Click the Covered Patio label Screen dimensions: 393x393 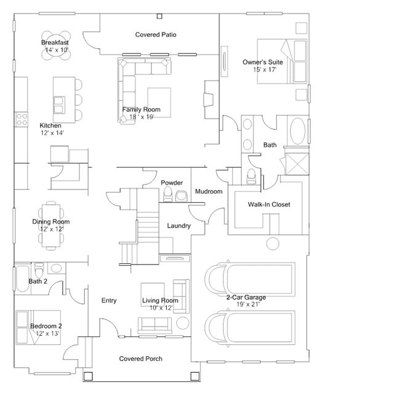pyautogui.click(x=156, y=34)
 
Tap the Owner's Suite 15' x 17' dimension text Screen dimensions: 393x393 pyautogui.click(x=264, y=69)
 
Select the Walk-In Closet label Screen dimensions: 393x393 pyautogui.click(x=269, y=205)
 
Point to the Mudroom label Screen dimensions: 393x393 pyautogui.click(x=208, y=191)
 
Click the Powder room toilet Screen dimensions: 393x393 pyautogui.click(x=168, y=194)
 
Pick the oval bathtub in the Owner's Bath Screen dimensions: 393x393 pyautogui.click(x=298, y=130)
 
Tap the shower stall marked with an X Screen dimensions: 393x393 pyautogui.click(x=297, y=164)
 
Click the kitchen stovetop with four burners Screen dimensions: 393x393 pyautogui.click(x=22, y=119)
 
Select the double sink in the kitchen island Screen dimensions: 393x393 pyautogui.click(x=59, y=105)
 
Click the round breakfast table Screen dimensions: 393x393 pyautogui.click(x=56, y=46)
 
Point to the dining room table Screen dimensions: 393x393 pyautogui.click(x=51, y=226)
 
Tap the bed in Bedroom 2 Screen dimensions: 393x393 pyautogui.click(x=38, y=327)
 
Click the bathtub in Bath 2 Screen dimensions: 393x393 pyautogui.click(x=22, y=279)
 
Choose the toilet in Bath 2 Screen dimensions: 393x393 pyautogui.click(x=39, y=269)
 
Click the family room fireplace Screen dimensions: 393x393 pyautogui.click(x=208, y=100)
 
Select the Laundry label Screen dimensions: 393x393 pyautogui.click(x=179, y=226)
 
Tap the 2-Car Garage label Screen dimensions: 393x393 pyautogui.click(x=246, y=297)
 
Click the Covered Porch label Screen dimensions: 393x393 pyautogui.click(x=141, y=359)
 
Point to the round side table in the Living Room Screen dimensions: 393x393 pyautogui.click(x=183, y=323)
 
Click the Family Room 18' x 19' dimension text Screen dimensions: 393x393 pyautogui.click(x=141, y=117)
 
